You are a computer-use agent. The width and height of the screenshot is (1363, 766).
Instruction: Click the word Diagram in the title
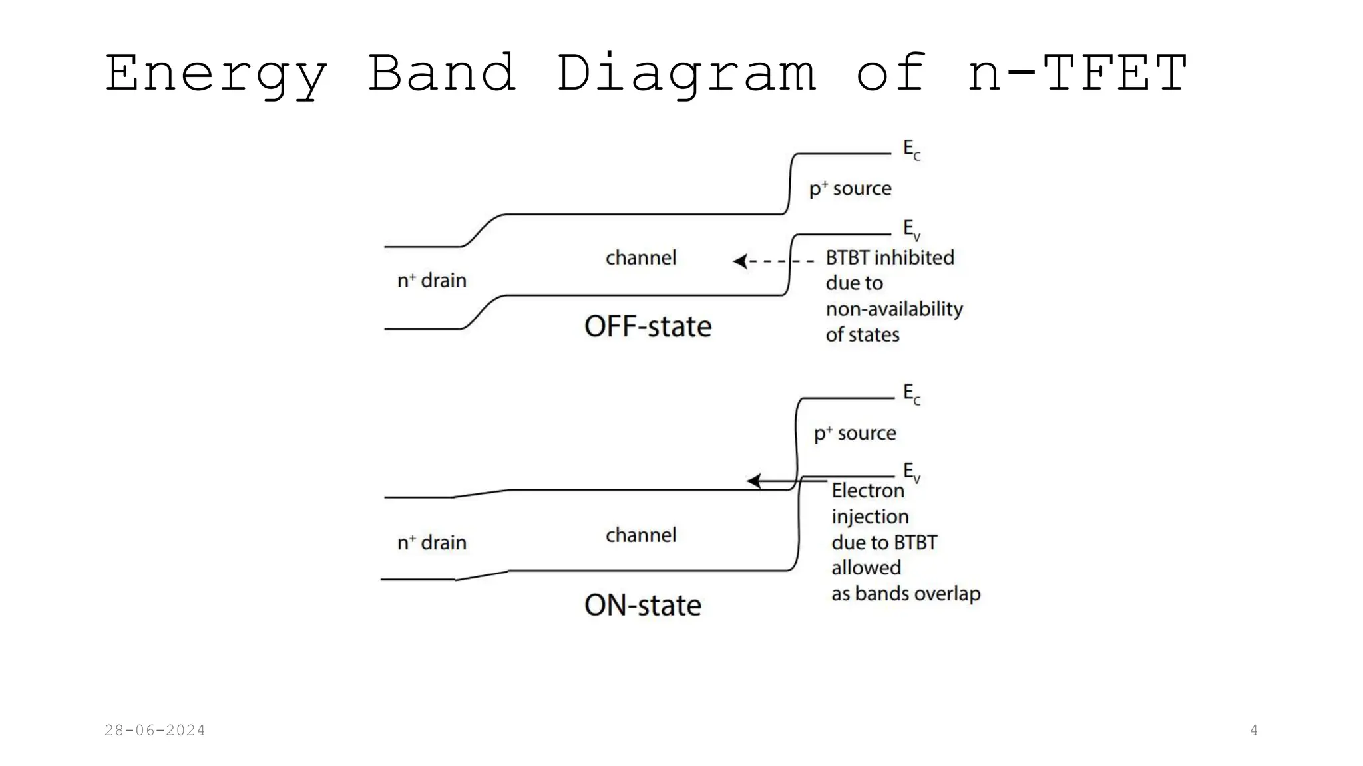click(x=685, y=73)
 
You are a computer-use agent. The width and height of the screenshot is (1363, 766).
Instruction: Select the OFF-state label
click(x=648, y=327)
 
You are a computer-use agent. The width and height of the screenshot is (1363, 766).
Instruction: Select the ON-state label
click(x=642, y=606)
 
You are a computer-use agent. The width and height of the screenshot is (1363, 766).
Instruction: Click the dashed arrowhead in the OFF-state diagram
click(x=740, y=261)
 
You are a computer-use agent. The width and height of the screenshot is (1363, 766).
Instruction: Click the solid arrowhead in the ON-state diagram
click(x=753, y=481)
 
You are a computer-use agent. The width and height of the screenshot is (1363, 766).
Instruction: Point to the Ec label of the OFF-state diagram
click(x=911, y=150)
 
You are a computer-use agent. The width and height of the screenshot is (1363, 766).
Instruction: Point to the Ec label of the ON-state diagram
click(x=911, y=394)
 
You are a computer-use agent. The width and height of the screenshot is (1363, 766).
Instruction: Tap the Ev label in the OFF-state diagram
click(x=911, y=230)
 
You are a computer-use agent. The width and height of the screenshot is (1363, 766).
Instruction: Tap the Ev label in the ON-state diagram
click(x=911, y=473)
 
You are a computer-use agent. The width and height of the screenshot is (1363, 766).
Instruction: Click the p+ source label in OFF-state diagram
click(x=850, y=189)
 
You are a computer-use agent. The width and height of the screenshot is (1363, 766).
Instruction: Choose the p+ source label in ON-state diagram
click(x=855, y=434)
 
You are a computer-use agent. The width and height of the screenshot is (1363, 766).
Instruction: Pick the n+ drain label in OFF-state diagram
click(x=431, y=281)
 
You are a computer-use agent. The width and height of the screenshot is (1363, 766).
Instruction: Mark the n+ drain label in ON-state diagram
click(x=431, y=543)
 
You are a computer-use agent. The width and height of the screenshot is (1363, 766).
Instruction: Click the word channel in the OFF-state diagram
click(x=640, y=258)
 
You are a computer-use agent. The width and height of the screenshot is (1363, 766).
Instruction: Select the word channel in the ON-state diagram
click(x=640, y=535)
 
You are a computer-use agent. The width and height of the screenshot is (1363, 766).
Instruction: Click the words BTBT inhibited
click(x=889, y=258)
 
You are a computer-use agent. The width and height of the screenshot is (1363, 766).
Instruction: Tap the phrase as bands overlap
click(x=905, y=594)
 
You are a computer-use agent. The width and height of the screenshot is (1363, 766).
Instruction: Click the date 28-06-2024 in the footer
click(x=154, y=731)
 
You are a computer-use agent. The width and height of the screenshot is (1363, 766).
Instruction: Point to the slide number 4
click(x=1254, y=731)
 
